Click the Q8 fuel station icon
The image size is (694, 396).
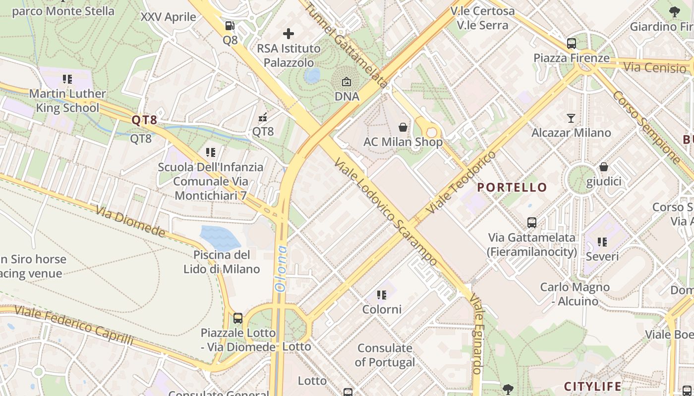pos(230,25)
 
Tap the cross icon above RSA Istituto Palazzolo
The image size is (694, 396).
pos(289,34)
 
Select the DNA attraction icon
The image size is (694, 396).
pos(347,82)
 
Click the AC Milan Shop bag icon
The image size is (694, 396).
pos(403,127)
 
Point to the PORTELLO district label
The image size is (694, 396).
pos(512,188)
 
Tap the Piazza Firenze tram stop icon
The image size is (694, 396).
pos(572,44)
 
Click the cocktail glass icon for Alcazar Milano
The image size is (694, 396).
pos(571,118)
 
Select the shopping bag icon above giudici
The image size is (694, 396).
pos(603,167)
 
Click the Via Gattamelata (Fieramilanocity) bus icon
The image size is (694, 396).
pos(532,223)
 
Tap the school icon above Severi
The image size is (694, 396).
pos(602,242)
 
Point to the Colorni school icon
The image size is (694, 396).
pos(381,295)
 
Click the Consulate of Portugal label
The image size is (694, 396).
pos(385,355)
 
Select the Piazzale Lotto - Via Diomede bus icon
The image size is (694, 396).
pos(238,318)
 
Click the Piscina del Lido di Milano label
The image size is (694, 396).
pos(222,262)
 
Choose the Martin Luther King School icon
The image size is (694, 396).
pos(67,79)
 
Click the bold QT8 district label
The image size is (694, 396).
pos(144,120)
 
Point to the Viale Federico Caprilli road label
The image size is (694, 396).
pos(74,325)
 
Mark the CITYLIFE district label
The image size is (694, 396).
pos(592,387)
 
